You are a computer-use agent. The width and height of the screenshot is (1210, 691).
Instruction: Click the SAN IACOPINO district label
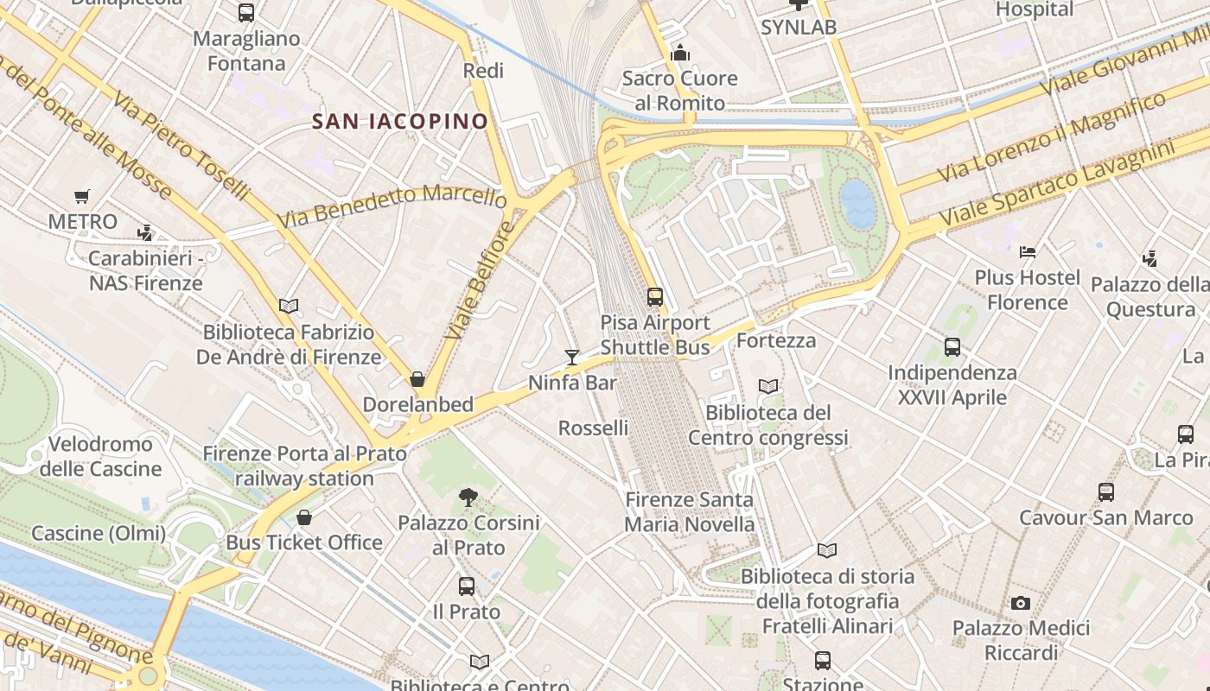click(x=400, y=121)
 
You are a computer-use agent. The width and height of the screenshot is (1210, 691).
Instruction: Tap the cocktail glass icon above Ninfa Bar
click(x=571, y=358)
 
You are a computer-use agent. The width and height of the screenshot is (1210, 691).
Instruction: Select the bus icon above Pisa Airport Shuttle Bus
click(x=655, y=297)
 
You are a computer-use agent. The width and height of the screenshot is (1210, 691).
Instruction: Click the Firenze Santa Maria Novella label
click(x=689, y=512)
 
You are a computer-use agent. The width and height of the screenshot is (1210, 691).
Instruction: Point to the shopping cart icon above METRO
click(x=82, y=197)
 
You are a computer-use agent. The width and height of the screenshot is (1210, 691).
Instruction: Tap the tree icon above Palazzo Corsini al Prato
click(x=468, y=498)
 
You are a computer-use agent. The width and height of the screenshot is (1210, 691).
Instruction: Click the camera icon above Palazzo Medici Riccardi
click(x=1021, y=603)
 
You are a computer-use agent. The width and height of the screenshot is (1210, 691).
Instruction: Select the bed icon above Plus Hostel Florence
click(x=1028, y=252)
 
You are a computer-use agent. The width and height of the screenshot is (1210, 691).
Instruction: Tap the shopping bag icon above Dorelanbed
click(x=417, y=379)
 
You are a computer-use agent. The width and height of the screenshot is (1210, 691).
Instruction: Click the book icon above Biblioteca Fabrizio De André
click(x=289, y=307)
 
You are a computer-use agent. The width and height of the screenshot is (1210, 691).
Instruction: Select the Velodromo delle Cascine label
click(x=100, y=456)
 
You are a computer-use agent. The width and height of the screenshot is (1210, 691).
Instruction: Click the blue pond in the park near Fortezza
click(x=857, y=204)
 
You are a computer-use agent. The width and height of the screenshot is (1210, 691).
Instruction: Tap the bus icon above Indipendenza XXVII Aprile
click(x=952, y=347)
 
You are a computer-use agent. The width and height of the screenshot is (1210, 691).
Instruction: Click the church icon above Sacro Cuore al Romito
click(x=680, y=54)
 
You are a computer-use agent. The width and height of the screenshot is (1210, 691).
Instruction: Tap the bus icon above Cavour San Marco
click(x=1106, y=492)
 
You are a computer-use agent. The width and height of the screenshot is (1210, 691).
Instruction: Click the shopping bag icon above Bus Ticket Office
click(x=304, y=517)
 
